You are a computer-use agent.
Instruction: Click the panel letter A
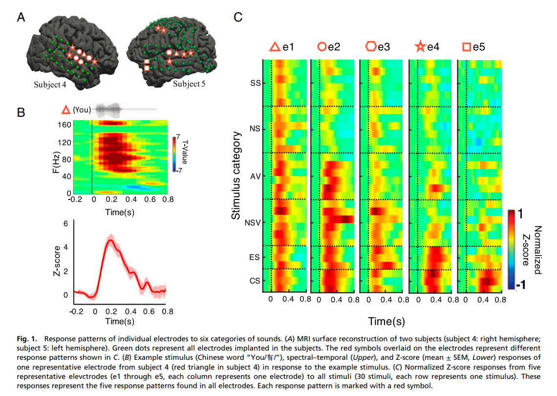tap(21, 18)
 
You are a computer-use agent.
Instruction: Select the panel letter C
tap(238, 18)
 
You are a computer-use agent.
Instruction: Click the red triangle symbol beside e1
tap(275, 47)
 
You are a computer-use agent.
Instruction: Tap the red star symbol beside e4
tap(420, 47)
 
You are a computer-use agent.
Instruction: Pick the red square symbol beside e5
tap(467, 47)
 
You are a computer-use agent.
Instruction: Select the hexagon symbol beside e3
tap(371, 47)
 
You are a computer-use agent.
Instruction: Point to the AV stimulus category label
tap(256, 176)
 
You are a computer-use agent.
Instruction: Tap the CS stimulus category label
tap(255, 281)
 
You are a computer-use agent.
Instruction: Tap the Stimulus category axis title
tap(236, 175)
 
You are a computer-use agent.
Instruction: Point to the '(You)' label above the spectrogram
tap(82, 110)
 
